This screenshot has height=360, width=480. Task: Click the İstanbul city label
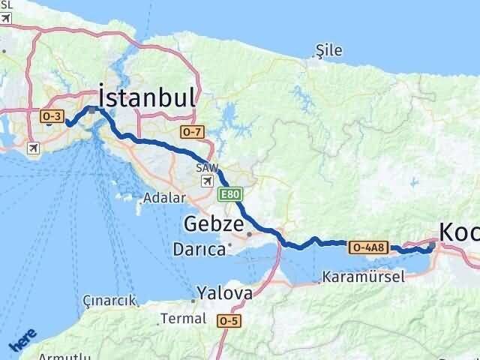tap(147, 97)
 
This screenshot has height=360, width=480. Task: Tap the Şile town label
tap(329, 51)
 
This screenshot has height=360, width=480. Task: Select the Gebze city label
tap(214, 224)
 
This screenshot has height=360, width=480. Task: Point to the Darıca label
tap(199, 249)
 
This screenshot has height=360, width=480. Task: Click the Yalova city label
tap(224, 292)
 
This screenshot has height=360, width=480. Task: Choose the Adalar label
tap(165, 199)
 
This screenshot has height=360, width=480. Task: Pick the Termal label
tap(183, 319)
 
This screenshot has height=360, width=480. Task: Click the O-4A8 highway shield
tap(369, 247)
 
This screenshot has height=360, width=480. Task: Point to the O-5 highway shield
tap(229, 320)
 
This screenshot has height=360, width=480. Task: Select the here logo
tap(22, 341)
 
